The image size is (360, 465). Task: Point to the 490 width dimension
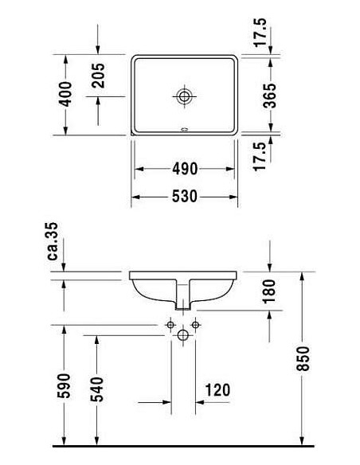pos(184,169)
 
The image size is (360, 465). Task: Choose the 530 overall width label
pos(184,197)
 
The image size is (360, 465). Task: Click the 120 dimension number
pos(216,389)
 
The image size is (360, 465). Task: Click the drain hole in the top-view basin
pos(184,96)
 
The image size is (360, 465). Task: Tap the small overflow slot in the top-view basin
pos(184,130)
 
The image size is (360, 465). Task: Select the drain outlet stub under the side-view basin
pos(184,301)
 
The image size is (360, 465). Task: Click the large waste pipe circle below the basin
pos(184,336)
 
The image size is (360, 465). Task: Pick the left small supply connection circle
pos(170,325)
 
